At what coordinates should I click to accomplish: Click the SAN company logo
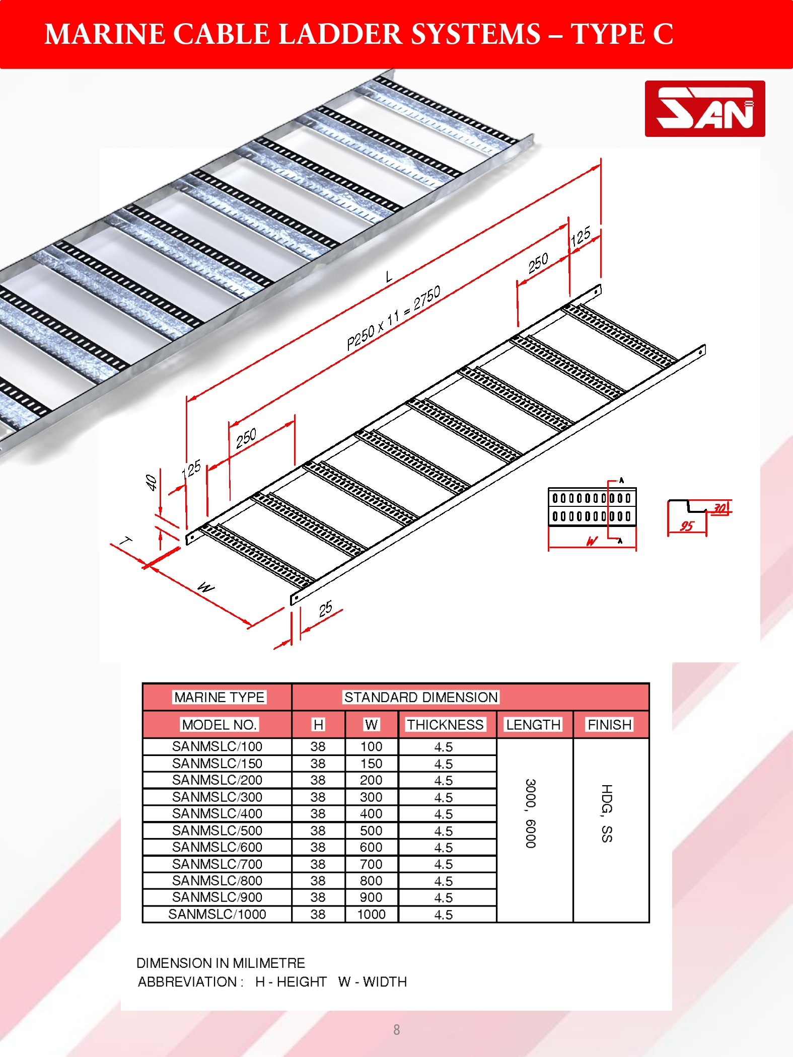pyautogui.click(x=705, y=109)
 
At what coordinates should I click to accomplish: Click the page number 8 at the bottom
pyautogui.click(x=397, y=1030)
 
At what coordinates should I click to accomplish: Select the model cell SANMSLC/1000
pyautogui.click(x=217, y=914)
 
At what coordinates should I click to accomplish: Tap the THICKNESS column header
pyautogui.click(x=446, y=725)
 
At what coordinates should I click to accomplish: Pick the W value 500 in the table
pyautogui.click(x=371, y=830)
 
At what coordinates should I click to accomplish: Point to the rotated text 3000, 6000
pyautogui.click(x=531, y=813)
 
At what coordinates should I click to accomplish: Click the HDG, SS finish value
pyautogui.click(x=607, y=813)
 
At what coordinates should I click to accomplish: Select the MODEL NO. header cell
pyautogui.click(x=220, y=725)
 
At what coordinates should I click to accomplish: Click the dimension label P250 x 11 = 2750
pyautogui.click(x=394, y=318)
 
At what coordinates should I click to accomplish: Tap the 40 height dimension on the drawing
pyautogui.click(x=151, y=483)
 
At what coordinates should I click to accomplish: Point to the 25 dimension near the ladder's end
pyautogui.click(x=326, y=609)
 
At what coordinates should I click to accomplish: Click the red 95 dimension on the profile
pyautogui.click(x=687, y=526)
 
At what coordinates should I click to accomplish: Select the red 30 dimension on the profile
pyautogui.click(x=720, y=509)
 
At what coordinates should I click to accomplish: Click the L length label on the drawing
pyautogui.click(x=389, y=276)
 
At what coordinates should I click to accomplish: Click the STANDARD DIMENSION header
pyautogui.click(x=421, y=697)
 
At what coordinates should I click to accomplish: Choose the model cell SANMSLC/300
pyautogui.click(x=217, y=797)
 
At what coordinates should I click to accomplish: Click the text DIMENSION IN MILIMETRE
pyautogui.click(x=221, y=963)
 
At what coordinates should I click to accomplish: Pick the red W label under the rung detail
pyautogui.click(x=592, y=541)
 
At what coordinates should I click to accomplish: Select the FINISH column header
pyautogui.click(x=610, y=725)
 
